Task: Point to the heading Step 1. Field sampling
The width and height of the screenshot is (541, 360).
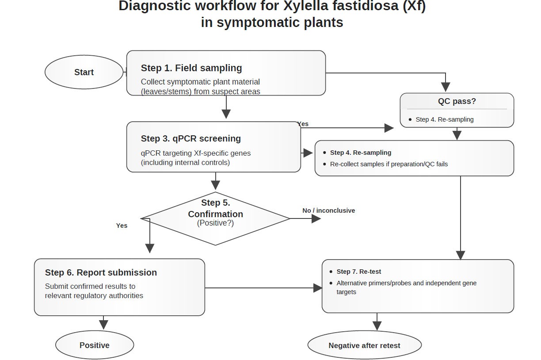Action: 191,68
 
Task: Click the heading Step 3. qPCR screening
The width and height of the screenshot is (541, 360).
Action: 191,139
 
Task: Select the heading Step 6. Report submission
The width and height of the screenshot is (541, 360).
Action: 101,272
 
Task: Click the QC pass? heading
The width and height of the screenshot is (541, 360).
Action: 457,101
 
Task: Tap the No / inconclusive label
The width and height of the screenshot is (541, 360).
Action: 328,211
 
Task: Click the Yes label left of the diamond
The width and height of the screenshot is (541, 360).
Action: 122,226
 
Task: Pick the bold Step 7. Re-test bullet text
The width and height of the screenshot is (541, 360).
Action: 358,272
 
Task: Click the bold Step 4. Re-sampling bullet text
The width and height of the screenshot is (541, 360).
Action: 361,153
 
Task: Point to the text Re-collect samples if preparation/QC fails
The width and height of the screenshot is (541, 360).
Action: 389,164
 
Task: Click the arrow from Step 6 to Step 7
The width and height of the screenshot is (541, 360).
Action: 263,288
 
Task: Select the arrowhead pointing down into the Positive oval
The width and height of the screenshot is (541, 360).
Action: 103,325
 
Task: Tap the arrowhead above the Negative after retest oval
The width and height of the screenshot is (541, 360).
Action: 377,326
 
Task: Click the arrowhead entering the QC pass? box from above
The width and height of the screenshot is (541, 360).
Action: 446,87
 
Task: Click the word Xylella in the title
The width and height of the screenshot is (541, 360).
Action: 305,6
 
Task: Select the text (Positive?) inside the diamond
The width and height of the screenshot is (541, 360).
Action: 215,223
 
